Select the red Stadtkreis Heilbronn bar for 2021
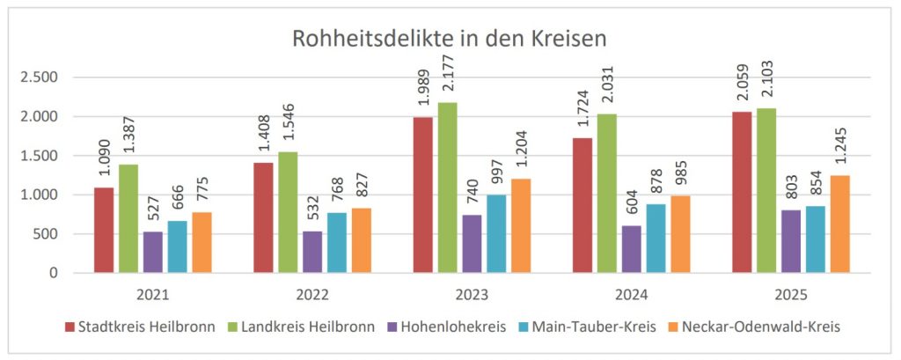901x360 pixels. pos(103,230)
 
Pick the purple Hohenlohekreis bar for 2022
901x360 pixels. pos(312,252)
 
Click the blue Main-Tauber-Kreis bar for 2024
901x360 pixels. pos(656,239)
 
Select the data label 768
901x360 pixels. pos(337,195)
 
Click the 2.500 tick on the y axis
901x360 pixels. pos(40,77)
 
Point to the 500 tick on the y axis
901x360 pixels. pos(46,234)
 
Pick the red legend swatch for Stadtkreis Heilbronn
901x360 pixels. pos(70,327)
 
